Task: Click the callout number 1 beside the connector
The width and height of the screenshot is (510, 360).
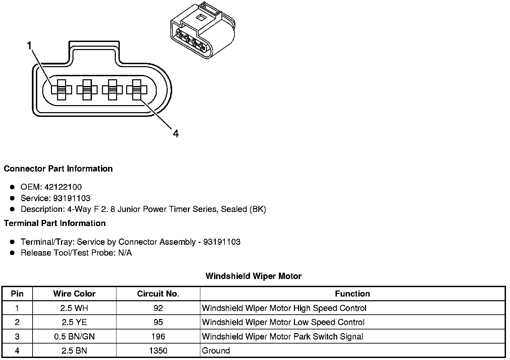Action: (x=30, y=46)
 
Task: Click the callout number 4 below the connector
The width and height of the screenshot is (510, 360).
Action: (x=175, y=134)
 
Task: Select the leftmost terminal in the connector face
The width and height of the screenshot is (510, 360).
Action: (x=61, y=90)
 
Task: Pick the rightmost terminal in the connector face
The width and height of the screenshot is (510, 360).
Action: (x=137, y=90)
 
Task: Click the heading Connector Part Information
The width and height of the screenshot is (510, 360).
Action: (x=58, y=169)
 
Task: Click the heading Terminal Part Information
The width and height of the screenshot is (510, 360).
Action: (x=55, y=223)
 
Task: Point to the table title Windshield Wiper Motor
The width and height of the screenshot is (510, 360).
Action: (x=253, y=276)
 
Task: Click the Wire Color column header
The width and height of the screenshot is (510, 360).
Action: (x=74, y=294)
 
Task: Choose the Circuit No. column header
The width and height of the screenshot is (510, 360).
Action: (x=158, y=294)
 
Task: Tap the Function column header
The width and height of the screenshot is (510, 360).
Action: (x=352, y=294)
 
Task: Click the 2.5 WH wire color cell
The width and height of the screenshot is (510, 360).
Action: (x=74, y=308)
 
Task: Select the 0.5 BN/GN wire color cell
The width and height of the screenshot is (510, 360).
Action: (x=74, y=336)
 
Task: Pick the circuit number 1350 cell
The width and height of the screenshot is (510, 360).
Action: (x=158, y=351)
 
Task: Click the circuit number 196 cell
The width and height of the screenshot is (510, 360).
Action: (x=158, y=336)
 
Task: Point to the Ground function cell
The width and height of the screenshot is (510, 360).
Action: (x=216, y=351)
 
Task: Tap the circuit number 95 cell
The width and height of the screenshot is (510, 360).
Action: (x=158, y=322)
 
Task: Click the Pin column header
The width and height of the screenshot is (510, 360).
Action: (x=17, y=294)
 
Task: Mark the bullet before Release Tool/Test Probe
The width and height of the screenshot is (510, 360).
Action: (x=12, y=253)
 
